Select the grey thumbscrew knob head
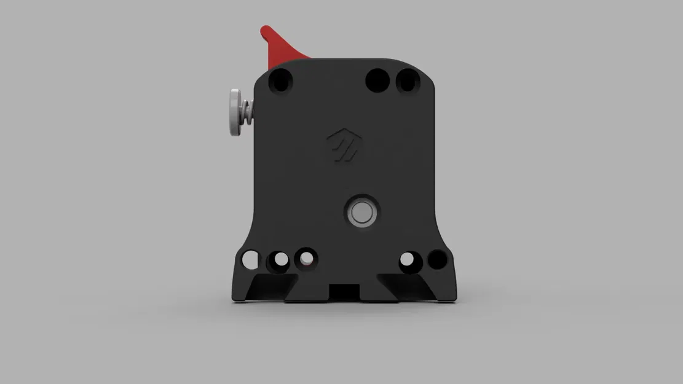coord(234,112)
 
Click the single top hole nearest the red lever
coord(281,80)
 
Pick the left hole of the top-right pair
coord(377,80)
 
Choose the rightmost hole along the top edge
coord(407,80)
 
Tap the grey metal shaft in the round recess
coord(361,212)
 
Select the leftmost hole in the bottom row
coord(250,259)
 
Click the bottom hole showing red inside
coord(306,259)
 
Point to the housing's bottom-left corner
coord(234,297)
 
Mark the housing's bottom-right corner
coord(456,298)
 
